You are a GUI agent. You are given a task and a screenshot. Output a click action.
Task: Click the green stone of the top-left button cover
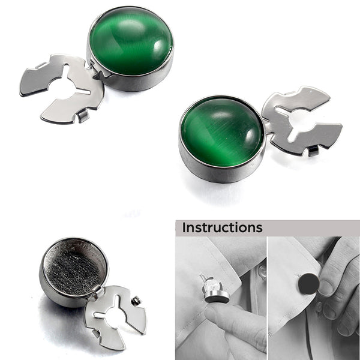(x=131, y=41)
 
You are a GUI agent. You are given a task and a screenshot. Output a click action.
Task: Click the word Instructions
(x=222, y=227)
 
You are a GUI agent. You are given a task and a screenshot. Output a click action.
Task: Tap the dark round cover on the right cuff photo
(x=308, y=284)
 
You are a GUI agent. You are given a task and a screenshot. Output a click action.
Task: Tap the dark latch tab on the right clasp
(x=313, y=151)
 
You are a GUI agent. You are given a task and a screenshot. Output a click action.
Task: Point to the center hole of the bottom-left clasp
(x=116, y=318)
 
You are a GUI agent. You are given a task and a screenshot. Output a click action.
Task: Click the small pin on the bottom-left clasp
(x=136, y=301)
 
